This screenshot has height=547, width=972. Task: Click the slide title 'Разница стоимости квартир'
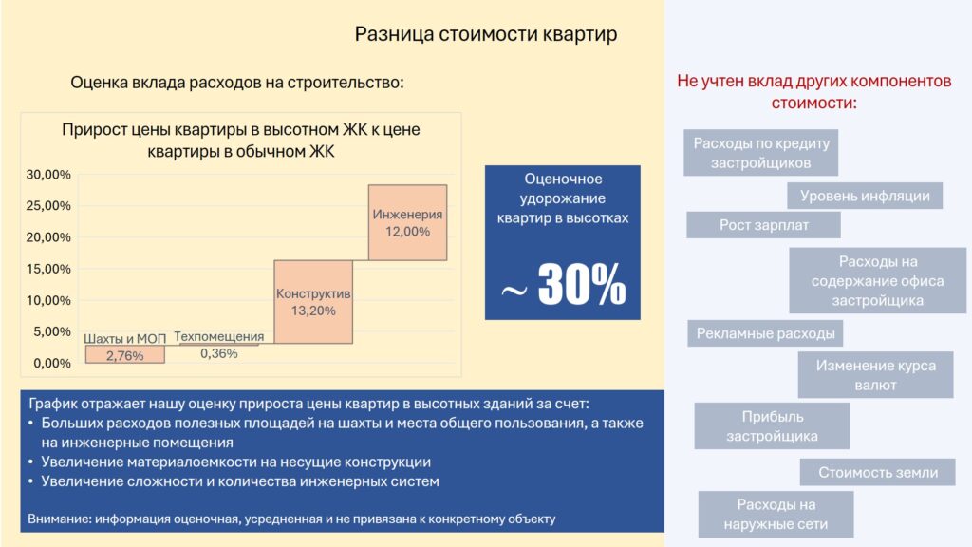(485, 34)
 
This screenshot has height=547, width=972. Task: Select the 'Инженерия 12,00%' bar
(407, 222)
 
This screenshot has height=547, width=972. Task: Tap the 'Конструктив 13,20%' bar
(313, 301)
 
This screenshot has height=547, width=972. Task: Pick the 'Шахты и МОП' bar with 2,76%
(124, 354)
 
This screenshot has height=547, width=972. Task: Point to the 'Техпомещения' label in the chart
(219, 336)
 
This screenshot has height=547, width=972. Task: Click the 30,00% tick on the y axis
(48, 175)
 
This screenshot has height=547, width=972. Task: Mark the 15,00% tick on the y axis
(48, 269)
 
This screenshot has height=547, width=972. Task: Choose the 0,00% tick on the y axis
(51, 363)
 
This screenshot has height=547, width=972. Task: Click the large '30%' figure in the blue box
(582, 283)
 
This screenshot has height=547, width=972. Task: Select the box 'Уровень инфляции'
(865, 196)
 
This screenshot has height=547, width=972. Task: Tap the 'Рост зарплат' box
(763, 224)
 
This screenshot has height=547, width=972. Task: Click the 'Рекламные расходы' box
(765, 333)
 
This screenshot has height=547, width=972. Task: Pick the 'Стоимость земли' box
(877, 472)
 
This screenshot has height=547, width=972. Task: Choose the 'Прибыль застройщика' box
(772, 426)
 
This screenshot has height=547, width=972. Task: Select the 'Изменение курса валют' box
(875, 374)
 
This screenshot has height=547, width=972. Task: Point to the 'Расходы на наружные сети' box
(776, 514)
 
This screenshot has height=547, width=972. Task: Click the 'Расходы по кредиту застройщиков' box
(760, 153)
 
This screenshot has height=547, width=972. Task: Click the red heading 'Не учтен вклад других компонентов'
(813, 82)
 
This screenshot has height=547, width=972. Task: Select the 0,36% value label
(219, 353)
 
